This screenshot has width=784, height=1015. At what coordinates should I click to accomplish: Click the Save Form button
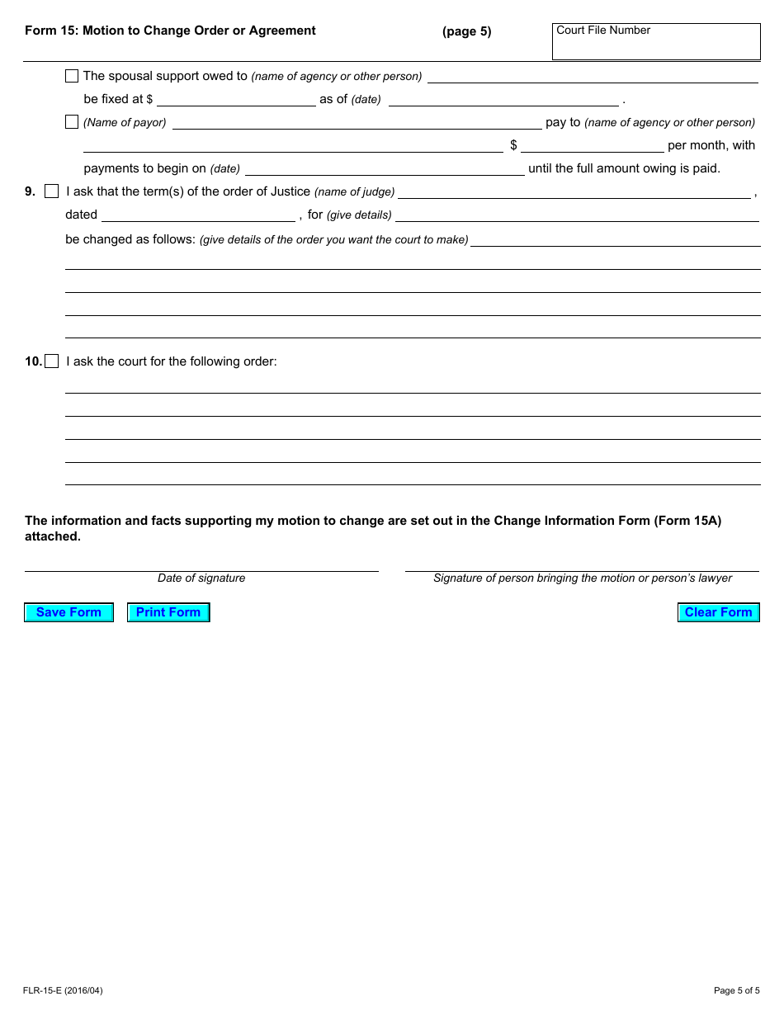tap(68, 612)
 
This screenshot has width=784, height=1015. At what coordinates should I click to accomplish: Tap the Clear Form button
tap(718, 612)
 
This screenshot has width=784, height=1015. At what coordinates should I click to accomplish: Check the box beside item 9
tap(52, 191)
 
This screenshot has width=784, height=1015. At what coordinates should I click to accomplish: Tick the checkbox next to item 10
tap(52, 361)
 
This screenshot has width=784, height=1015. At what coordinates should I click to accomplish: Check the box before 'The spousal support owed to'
tap(72, 76)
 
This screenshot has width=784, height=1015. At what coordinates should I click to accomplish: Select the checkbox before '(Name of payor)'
tap(72, 122)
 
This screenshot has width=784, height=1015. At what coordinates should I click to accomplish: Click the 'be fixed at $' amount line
tap(236, 100)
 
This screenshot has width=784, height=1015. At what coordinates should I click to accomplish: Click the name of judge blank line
tap(574, 192)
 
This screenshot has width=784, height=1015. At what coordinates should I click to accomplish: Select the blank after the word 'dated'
tap(198, 215)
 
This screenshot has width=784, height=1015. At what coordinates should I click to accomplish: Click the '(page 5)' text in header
tap(466, 31)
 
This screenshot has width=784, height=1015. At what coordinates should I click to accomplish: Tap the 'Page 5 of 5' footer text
tap(736, 990)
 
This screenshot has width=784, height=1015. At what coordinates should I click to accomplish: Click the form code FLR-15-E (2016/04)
tap(64, 990)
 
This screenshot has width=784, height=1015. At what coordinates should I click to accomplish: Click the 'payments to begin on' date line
tap(385, 169)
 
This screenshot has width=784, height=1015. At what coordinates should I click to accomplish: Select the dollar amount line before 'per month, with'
tap(592, 146)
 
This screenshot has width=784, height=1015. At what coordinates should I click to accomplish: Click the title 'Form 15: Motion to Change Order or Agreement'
tap(170, 31)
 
